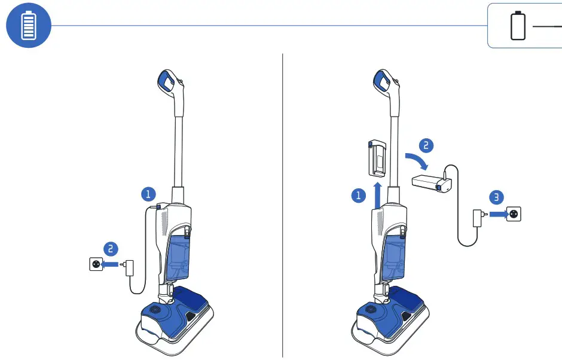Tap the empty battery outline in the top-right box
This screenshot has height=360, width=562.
(518, 26)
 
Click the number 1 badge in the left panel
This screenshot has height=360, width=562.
(148, 194)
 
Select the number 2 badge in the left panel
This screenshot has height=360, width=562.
(110, 249)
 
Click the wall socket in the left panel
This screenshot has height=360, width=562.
(96, 264)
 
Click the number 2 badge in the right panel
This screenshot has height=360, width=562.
(426, 145)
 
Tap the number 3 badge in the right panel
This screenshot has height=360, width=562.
(496, 197)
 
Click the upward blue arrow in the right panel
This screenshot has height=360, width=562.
(377, 196)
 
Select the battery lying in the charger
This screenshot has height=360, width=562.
(429, 181)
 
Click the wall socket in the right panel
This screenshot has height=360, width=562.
(514, 213)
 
